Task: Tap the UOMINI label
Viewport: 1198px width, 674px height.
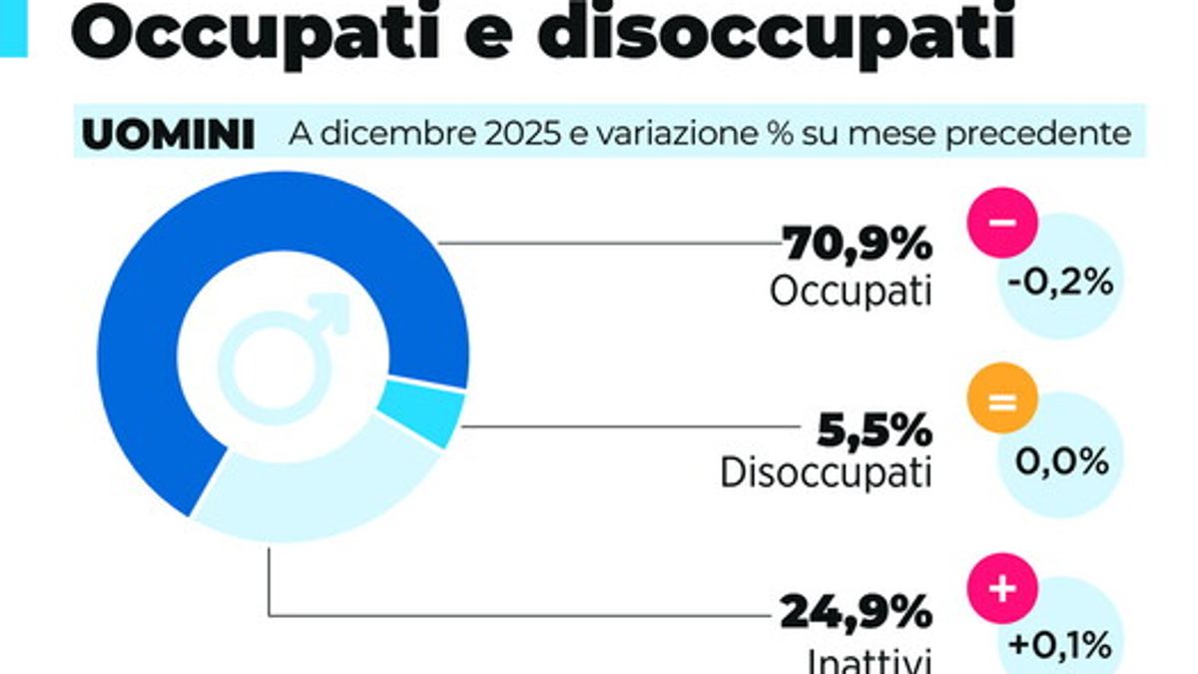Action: coord(168,135)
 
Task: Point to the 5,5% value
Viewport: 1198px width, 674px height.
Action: coord(875,430)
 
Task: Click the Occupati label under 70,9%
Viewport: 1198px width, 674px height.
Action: coord(851,291)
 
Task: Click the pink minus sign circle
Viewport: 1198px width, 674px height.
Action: coord(1003,222)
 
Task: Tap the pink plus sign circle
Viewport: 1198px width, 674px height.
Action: coord(1003,586)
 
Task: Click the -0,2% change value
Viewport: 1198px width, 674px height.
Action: coord(1060,284)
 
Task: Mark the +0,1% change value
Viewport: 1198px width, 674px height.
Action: coord(1060,644)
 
